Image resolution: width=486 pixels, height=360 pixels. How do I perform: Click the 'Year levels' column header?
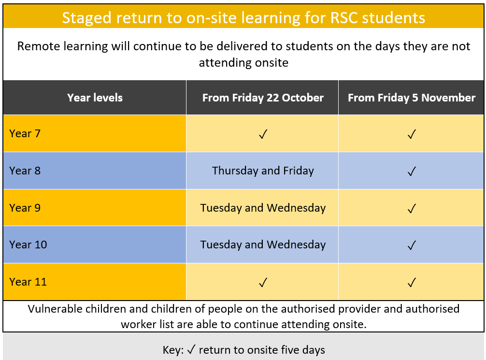[95, 98]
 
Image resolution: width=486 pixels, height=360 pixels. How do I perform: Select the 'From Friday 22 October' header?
[263, 98]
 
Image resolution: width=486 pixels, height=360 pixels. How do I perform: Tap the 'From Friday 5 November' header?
[412, 98]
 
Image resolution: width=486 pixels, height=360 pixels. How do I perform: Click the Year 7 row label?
[25, 133]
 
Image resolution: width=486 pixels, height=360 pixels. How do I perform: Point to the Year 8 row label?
[25, 171]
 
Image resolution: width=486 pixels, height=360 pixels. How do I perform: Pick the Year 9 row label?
[25, 208]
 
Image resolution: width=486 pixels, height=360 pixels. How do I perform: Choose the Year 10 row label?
[28, 245]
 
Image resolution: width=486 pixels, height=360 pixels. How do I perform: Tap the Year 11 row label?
[28, 282]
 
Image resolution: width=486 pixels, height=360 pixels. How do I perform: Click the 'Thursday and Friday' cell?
[263, 171]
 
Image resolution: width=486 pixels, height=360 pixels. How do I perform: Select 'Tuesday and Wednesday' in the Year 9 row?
[263, 208]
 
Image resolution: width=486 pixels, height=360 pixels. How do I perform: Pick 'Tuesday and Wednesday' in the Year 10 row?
[263, 245]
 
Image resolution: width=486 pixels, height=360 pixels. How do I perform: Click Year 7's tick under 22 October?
[263, 134]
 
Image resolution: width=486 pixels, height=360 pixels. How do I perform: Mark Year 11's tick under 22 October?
[263, 283]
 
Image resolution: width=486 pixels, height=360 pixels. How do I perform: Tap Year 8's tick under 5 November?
[412, 171]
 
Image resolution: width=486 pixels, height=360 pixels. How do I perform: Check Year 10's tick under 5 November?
[412, 245]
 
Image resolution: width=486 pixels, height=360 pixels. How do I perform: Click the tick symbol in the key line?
[191, 349]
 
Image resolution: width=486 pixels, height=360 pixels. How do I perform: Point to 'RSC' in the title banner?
[343, 18]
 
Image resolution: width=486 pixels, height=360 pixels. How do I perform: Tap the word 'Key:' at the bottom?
[173, 350]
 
